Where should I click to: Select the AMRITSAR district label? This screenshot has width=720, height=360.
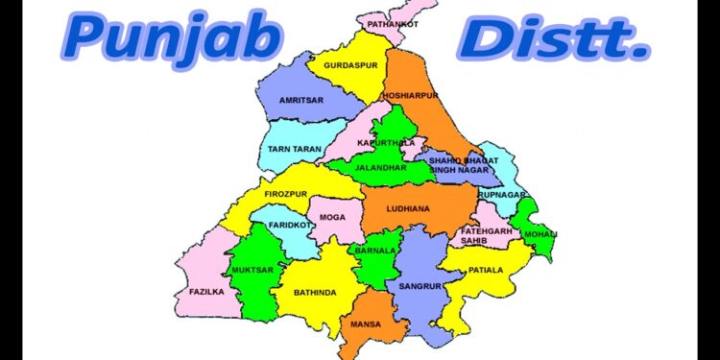[300, 99]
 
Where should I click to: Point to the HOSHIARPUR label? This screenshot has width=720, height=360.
[409, 97]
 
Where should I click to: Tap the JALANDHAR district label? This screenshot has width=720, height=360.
[381, 167]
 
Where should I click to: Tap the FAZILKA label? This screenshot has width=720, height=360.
[206, 291]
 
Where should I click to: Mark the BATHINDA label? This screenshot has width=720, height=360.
[315, 292]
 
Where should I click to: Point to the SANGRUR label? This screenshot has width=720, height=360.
[419, 286]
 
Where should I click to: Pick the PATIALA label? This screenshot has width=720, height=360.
[486, 271]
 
